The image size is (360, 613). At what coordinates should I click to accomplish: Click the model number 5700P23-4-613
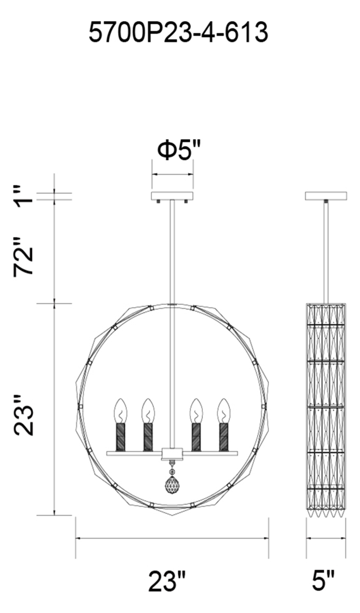pos(179,32)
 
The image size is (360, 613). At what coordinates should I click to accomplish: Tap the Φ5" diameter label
pos(179,150)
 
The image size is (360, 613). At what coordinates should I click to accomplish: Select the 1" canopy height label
pos(24,196)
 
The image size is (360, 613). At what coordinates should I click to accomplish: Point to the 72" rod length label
pos(24,256)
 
